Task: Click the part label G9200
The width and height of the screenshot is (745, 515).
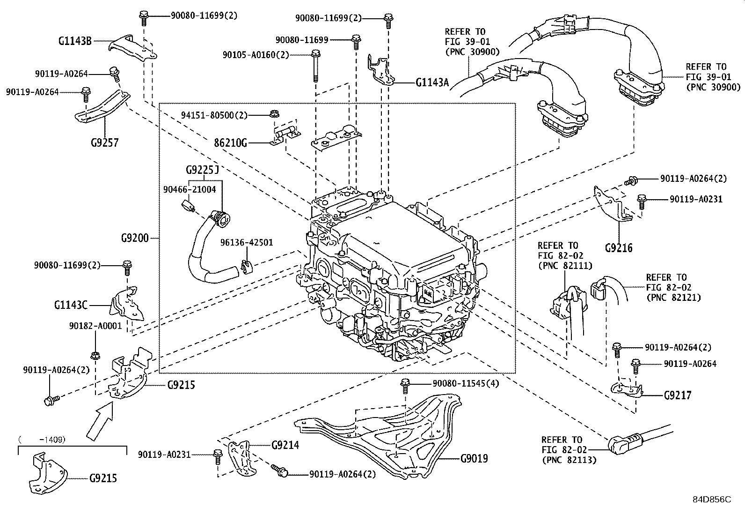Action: [135, 238]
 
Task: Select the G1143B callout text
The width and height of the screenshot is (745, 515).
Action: [75, 41]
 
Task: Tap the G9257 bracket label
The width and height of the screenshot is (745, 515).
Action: [104, 142]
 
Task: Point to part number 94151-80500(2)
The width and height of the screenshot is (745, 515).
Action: [214, 115]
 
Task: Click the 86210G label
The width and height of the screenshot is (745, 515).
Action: [231, 143]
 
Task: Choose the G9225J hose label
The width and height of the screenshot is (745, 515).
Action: [202, 170]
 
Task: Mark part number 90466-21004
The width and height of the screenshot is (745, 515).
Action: [189, 189]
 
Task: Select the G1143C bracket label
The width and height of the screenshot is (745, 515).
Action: [71, 305]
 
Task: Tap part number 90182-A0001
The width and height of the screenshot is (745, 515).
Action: [95, 326]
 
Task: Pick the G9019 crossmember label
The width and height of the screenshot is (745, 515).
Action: [474, 459]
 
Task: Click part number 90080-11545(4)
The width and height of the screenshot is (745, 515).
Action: [466, 383]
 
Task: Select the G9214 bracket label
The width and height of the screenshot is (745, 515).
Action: [285, 445]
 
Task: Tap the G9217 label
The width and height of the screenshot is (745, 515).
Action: [678, 396]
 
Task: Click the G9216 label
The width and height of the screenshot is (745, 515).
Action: [619, 248]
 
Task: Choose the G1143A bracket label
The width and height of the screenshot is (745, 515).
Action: [432, 82]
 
